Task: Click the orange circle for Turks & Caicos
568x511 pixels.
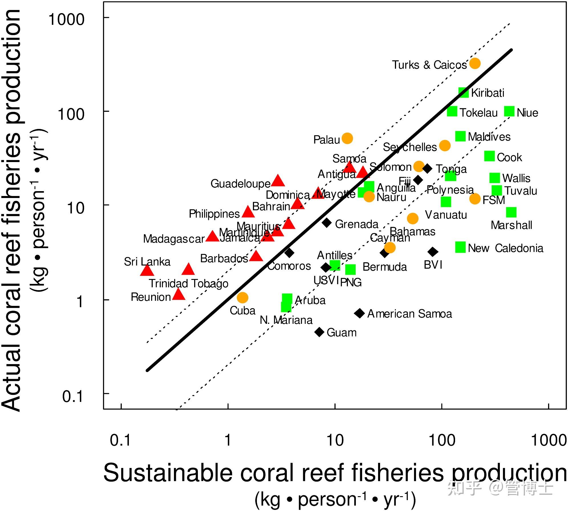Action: [x=475, y=63]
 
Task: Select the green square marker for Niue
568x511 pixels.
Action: [x=509, y=111]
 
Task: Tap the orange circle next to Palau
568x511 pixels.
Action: [x=347, y=138]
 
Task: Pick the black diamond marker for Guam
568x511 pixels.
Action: [x=319, y=332]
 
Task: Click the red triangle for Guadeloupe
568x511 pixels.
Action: [x=278, y=181]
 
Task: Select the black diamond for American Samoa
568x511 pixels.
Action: [x=360, y=313]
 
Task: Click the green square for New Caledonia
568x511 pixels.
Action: [x=460, y=247]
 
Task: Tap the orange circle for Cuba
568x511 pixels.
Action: [x=242, y=298]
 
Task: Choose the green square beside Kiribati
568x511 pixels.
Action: [x=463, y=92]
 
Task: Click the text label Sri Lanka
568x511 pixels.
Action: [x=147, y=261]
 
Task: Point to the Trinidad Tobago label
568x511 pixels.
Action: [x=188, y=283]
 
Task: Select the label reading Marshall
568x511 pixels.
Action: [x=511, y=225]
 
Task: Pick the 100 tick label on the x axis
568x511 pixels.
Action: [x=442, y=440]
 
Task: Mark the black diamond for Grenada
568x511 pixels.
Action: [x=327, y=223]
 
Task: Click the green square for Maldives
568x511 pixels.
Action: [x=460, y=136]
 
